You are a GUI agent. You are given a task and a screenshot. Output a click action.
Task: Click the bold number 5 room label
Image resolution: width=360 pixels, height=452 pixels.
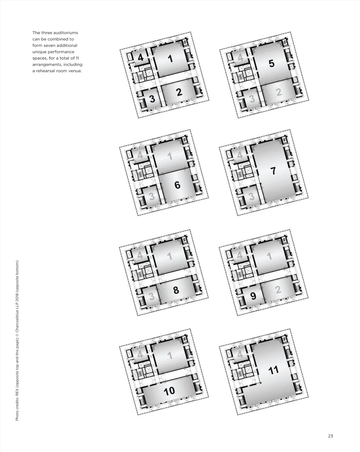tap(271, 64)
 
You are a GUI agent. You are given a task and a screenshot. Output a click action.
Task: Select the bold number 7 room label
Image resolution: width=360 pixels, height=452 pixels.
tap(273, 171)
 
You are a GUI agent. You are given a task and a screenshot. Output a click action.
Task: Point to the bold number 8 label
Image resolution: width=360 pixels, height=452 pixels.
tap(176, 290)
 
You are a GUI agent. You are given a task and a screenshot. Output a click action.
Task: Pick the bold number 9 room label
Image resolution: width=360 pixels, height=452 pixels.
tap(253, 296)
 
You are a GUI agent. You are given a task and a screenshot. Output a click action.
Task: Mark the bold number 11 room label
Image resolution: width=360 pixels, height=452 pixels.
tap(273, 370)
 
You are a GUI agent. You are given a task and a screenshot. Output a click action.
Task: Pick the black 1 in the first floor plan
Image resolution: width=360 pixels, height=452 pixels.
tap(170, 59)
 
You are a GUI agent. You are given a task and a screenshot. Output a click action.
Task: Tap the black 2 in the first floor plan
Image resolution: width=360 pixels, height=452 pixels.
tap(179, 92)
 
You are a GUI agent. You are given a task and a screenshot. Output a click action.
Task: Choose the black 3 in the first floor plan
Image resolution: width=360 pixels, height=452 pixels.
tap(152, 99)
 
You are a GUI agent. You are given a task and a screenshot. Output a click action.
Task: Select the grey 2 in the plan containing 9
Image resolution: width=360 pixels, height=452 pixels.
tap(278, 290)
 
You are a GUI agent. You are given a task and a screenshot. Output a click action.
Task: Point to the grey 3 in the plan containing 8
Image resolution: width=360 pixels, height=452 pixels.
tap(151, 296)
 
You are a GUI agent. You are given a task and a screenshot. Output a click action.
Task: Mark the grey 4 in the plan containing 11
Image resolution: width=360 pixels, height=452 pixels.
tap(240, 355)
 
